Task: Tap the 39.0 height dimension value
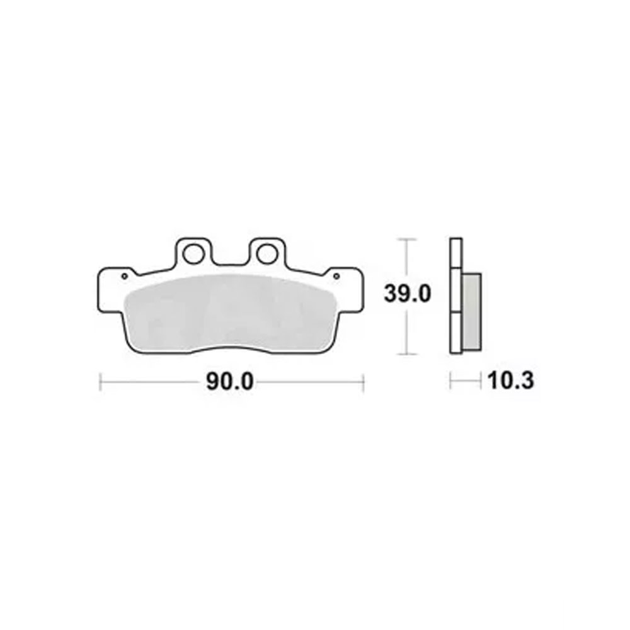407,294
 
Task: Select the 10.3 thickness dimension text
511,381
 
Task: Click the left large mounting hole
193,254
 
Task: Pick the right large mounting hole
267,254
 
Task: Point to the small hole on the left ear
125,276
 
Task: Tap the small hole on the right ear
336,276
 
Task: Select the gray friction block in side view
472,312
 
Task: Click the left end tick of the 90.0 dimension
100,382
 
